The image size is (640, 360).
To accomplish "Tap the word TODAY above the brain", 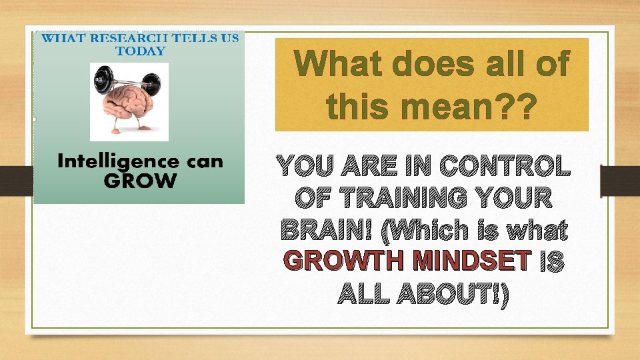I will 140,50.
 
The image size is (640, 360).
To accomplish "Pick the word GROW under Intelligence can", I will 139,180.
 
